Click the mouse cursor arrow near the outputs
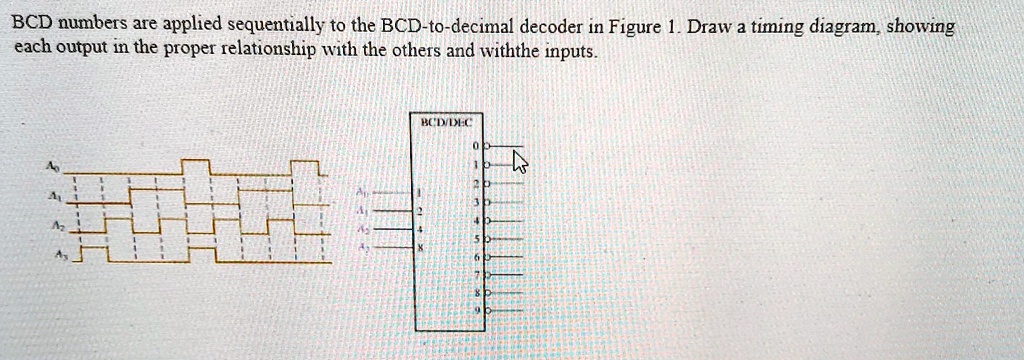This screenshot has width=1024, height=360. [x=519, y=162]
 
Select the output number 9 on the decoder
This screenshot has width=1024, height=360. [x=478, y=311]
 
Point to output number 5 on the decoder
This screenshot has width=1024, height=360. [x=478, y=238]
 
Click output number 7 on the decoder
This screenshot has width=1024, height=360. [x=478, y=275]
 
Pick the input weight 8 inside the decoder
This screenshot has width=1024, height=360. [x=421, y=247]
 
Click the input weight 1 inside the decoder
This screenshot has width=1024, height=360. [x=421, y=191]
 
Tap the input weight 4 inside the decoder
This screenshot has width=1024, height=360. [x=421, y=229]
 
